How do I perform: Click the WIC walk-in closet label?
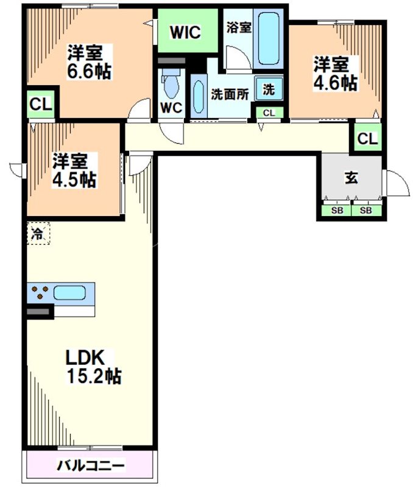[185, 32]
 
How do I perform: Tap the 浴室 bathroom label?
[238, 27]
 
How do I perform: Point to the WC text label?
[171, 108]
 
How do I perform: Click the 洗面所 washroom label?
[230, 94]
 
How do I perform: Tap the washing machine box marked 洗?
[268, 89]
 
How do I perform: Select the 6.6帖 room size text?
[89, 71]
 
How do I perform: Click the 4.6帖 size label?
[335, 82]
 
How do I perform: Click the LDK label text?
[86, 356]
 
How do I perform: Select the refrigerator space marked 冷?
[38, 233]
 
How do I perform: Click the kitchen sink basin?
[72, 293]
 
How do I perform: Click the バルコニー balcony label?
[91, 466]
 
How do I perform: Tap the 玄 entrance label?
[351, 178]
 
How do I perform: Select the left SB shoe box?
[337, 211]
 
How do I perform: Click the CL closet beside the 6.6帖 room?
[41, 105]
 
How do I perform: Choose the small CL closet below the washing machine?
[269, 113]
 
